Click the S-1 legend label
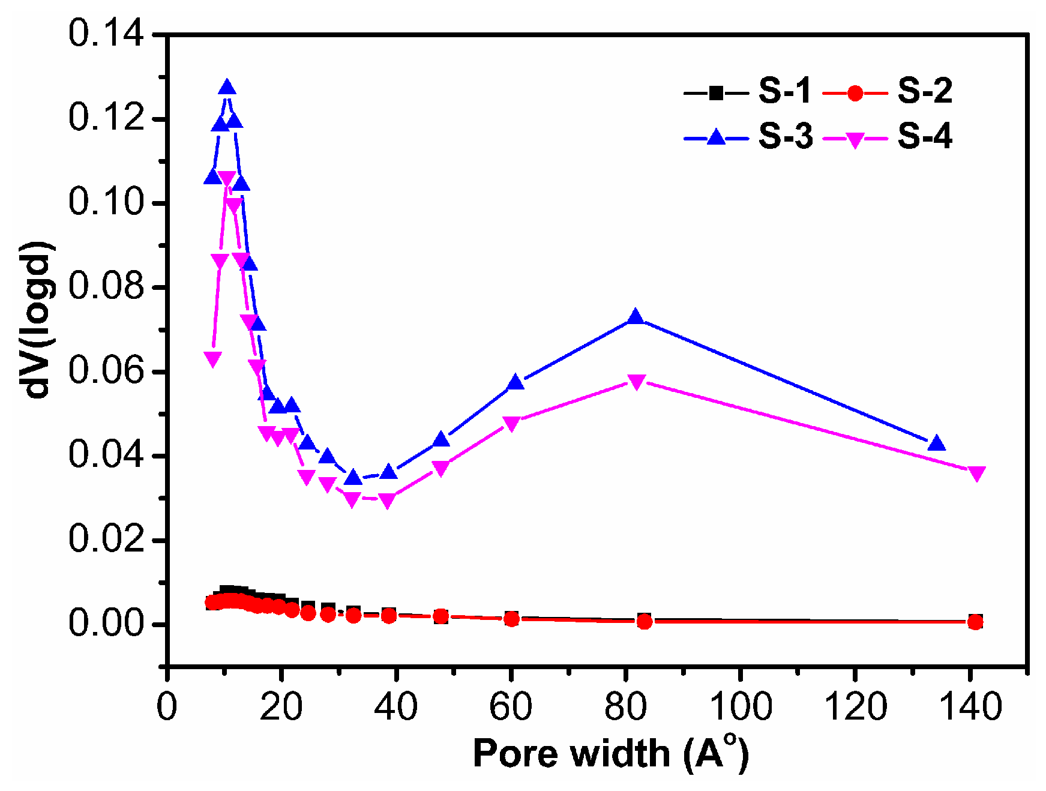(784, 92)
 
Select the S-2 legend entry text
(925, 92)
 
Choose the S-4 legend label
(925, 137)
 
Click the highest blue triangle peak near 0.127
(227, 88)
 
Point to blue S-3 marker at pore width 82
(636, 317)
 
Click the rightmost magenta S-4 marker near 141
(976, 474)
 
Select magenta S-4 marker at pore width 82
(637, 382)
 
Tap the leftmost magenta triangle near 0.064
(212, 359)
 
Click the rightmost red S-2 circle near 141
(975, 622)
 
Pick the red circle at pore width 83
(645, 622)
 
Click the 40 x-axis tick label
(395, 706)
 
